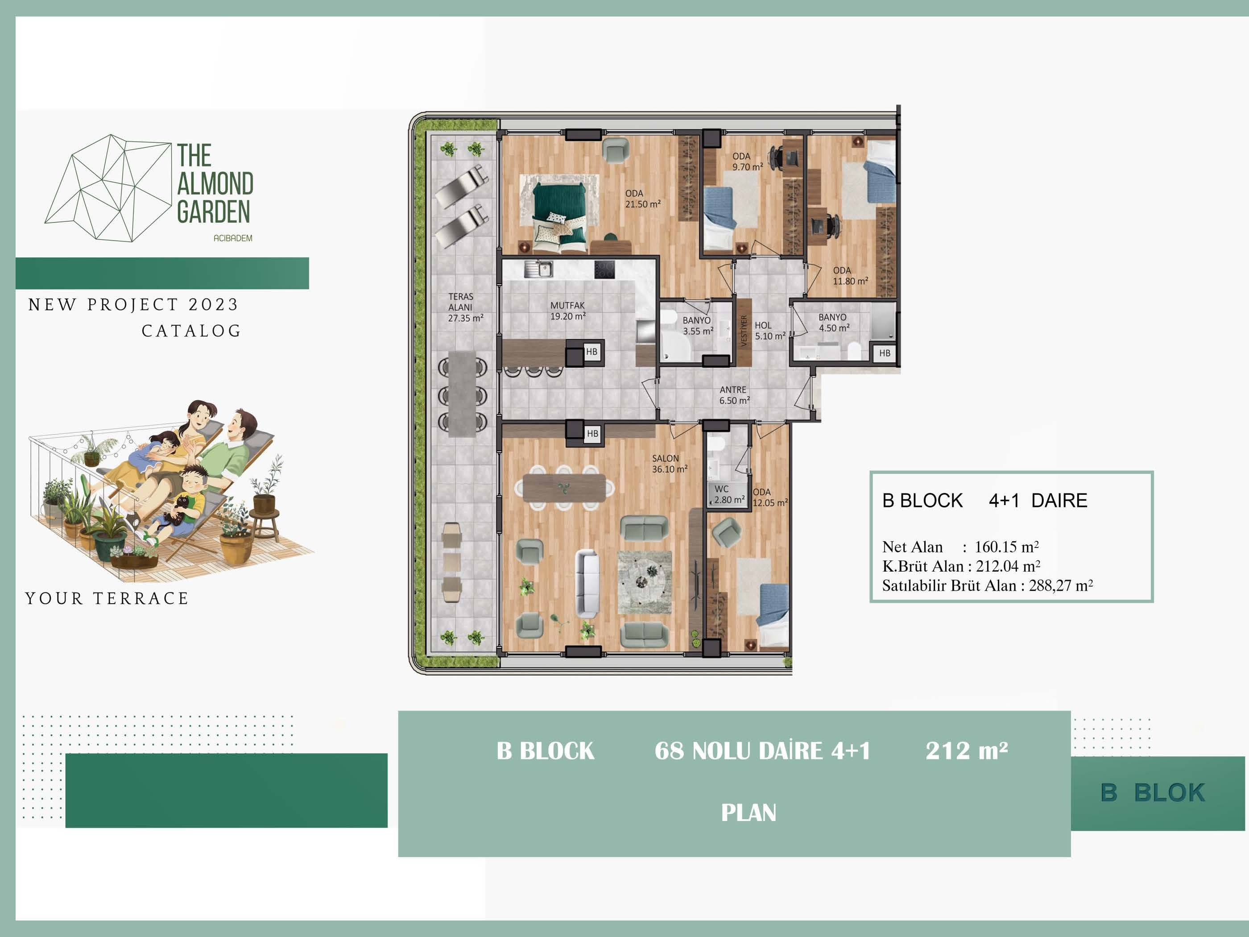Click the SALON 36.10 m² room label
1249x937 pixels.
coord(670,464)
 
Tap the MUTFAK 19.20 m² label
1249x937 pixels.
coord(567,311)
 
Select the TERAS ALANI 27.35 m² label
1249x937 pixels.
coord(465,307)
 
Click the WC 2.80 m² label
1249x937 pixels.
coord(729,494)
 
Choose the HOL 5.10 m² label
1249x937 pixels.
coord(769,331)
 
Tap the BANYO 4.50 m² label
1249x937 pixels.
coord(834,323)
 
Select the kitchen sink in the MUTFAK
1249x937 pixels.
coord(538,269)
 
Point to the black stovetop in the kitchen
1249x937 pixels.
coord(604,269)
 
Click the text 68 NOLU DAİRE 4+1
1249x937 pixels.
coord(762,750)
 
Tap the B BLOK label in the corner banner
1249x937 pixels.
coord(1153,792)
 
